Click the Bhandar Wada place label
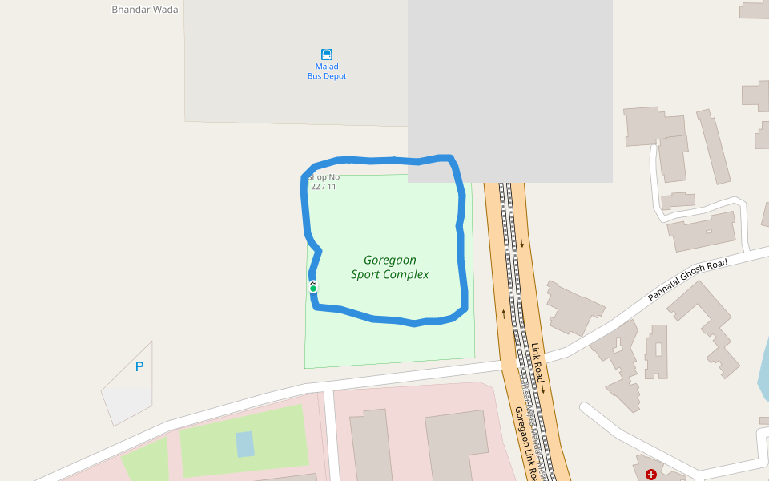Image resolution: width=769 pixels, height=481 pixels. pyautogui.click(x=145, y=10)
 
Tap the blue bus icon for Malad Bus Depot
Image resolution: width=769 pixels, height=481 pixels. pyautogui.click(x=327, y=55)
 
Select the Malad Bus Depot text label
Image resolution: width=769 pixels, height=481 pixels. pyautogui.click(x=327, y=71)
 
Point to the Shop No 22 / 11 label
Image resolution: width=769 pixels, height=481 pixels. pyautogui.click(x=324, y=182)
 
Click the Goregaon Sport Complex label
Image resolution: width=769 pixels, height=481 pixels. pyautogui.click(x=390, y=267)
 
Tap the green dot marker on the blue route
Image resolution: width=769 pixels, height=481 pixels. pyautogui.click(x=313, y=288)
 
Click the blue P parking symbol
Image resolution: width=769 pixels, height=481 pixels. pyautogui.click(x=139, y=367)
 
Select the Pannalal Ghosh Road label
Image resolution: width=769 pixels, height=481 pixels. pyautogui.click(x=687, y=280)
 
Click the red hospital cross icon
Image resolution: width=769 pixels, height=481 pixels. pyautogui.click(x=650, y=475)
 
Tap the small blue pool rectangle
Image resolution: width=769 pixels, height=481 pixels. pyautogui.click(x=244, y=443)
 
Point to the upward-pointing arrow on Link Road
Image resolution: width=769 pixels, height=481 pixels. pyautogui.click(x=504, y=313)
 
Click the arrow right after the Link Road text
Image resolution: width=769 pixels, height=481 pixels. pyautogui.click(x=542, y=389)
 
